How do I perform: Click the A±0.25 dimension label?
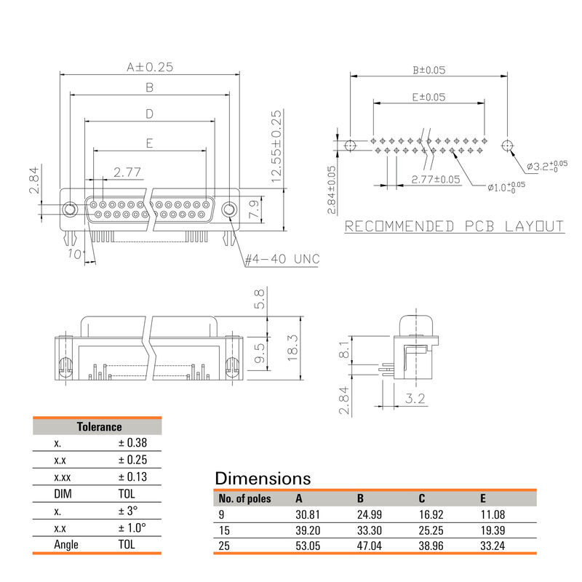tap(149, 67)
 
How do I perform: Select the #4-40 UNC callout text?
tap(282, 259)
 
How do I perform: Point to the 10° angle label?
tap(75, 254)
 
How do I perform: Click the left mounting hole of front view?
tap(70, 210)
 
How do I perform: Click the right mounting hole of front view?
tap(229, 210)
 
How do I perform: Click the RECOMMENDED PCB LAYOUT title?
tap(454, 226)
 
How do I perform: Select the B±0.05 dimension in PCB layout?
tap(428, 70)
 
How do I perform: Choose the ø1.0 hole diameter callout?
tap(506, 186)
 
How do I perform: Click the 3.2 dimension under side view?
tap(415, 399)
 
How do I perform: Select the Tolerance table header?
tap(99, 427)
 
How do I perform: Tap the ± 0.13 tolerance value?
tap(132, 477)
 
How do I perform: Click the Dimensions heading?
tap(263, 479)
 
